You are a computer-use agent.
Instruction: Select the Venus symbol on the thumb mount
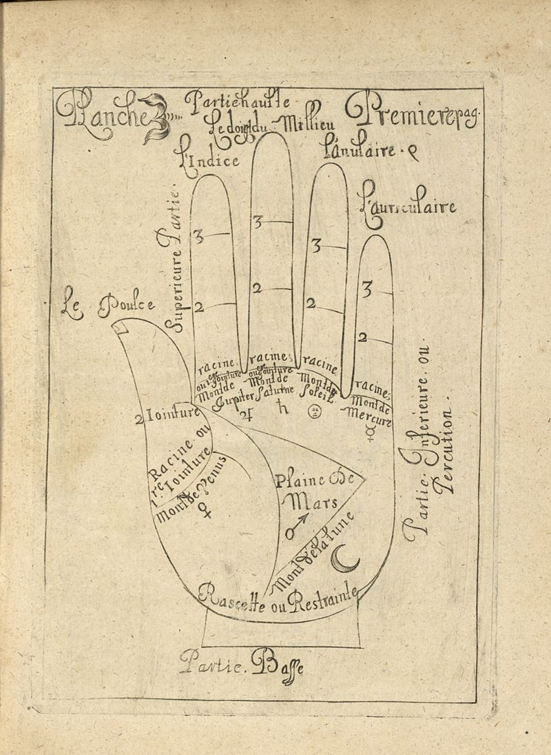(205, 511)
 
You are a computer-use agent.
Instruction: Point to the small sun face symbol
(313, 412)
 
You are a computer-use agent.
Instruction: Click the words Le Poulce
(108, 304)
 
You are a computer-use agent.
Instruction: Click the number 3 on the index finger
(198, 237)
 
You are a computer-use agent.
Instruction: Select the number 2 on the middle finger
(256, 290)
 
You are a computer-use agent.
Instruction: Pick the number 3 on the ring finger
(317, 245)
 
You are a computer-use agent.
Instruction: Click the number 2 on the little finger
(362, 338)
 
